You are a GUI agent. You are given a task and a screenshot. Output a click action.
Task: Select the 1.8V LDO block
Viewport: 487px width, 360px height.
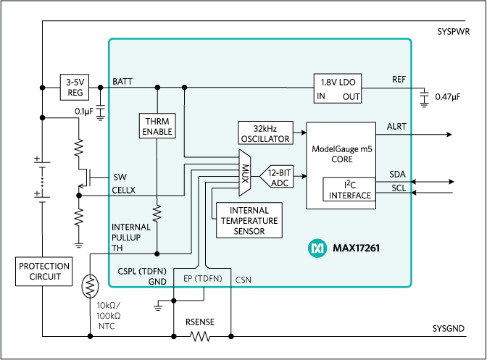338,88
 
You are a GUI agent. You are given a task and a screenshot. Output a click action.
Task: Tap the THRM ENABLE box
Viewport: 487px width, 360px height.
157,125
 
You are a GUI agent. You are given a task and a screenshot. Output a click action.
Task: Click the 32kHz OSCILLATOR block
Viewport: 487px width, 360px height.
264,133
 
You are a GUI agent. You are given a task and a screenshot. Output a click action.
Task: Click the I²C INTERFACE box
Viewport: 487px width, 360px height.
349,190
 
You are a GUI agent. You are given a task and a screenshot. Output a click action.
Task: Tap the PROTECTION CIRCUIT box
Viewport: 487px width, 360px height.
45,272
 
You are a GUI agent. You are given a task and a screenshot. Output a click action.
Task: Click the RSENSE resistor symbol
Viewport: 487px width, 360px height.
201,336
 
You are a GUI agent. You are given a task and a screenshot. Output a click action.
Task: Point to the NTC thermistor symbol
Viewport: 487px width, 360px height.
90,285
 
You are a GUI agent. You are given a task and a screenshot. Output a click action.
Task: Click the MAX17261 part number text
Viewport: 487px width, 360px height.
356,248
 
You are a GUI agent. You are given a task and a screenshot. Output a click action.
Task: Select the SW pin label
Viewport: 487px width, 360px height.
120,177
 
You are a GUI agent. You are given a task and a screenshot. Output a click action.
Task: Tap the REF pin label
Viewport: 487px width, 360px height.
399,79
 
